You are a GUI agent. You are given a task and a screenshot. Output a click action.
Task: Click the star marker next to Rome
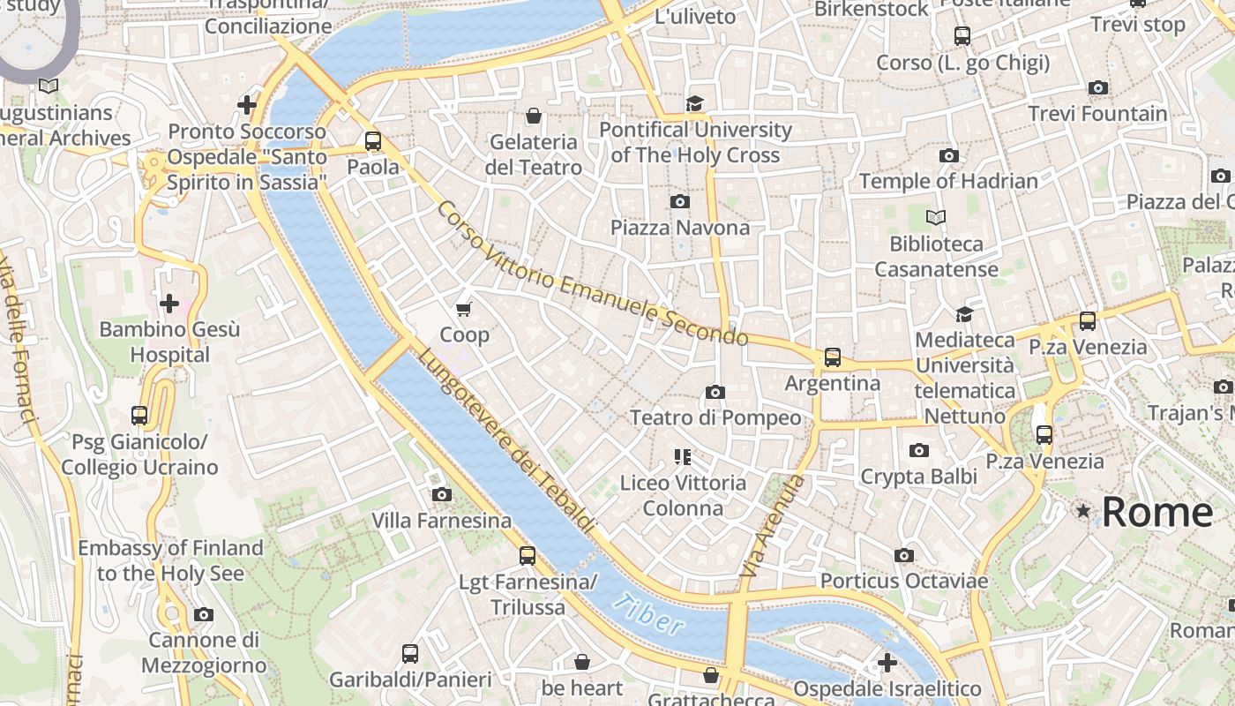point(1082,511)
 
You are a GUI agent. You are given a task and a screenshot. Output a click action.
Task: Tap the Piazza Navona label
point(680,228)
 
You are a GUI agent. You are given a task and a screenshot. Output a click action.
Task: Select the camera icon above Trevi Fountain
point(1098,87)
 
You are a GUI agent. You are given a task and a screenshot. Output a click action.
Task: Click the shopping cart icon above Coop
point(464,309)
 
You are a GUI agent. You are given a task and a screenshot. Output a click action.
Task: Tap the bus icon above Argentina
point(832,357)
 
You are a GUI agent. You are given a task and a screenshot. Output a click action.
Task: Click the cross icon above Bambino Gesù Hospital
point(168,304)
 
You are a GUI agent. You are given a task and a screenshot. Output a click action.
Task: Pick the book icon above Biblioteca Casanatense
point(936,217)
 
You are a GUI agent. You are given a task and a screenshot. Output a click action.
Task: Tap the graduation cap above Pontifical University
point(695,104)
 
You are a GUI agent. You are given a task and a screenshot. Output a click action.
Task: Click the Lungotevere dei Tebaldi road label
point(505,439)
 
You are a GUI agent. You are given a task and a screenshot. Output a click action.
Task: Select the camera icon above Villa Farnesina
point(442,494)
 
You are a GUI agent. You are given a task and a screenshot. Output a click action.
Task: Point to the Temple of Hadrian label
point(948,181)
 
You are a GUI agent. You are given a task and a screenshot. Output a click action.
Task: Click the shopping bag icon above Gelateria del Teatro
point(533,116)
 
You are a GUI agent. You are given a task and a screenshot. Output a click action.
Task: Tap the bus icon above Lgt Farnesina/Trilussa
point(528,556)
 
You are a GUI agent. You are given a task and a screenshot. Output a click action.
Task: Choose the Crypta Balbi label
point(918,477)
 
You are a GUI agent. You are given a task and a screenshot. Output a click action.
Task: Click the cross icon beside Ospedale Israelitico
point(887,662)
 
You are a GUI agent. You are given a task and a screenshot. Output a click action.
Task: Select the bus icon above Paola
point(373,140)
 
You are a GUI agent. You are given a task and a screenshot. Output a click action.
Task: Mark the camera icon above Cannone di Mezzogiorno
point(204,614)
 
